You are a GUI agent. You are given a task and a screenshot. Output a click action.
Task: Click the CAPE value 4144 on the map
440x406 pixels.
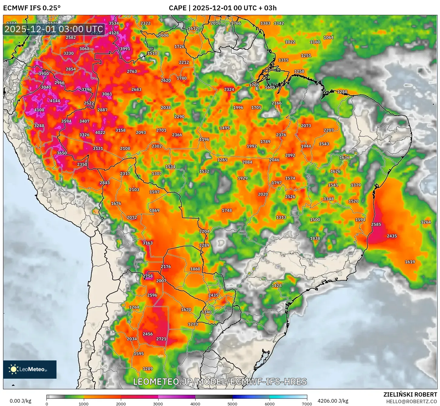pyautogui.click(x=55, y=101)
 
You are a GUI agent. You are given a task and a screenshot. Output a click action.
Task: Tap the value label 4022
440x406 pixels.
pyautogui.click(x=100, y=133)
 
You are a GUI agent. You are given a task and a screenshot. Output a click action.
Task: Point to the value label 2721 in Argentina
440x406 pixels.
pyautogui.click(x=161, y=339)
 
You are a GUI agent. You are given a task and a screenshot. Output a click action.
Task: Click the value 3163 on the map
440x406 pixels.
pyautogui.click(x=148, y=243)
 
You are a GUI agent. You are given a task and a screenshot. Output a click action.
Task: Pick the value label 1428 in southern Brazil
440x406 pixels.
pyautogui.click(x=277, y=285)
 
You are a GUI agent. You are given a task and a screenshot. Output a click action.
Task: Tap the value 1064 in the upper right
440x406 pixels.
pyautogui.click(x=329, y=38)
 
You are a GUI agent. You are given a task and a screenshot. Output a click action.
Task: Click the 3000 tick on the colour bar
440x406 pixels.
pyautogui.click(x=158, y=404)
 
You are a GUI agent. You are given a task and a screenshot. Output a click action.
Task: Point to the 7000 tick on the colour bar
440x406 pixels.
pyautogui.click(x=307, y=404)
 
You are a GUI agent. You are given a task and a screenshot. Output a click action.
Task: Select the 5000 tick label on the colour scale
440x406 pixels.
pyautogui.click(x=232, y=404)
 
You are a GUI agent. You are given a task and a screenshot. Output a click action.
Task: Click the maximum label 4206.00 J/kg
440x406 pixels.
pyautogui.click(x=333, y=401)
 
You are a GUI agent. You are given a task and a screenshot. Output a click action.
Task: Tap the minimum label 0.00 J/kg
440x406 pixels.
pyautogui.click(x=20, y=401)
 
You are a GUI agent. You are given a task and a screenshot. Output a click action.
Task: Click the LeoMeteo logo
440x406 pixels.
pyautogui.click(x=30, y=369)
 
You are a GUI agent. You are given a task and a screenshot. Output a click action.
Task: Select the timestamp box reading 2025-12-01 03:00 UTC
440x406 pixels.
pyautogui.click(x=54, y=29)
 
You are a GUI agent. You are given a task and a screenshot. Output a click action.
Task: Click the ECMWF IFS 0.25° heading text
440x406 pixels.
pyautogui.click(x=32, y=8)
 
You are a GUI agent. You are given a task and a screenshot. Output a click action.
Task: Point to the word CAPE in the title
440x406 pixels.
pyautogui.click(x=177, y=8)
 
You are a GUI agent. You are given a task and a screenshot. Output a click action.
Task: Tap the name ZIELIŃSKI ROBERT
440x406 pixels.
pyautogui.click(x=410, y=394)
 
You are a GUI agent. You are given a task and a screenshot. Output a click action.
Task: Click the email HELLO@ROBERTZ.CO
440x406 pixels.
pyautogui.click(x=411, y=401)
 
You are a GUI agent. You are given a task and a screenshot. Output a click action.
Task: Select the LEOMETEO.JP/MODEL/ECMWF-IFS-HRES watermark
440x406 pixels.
pyautogui.click(x=220, y=381)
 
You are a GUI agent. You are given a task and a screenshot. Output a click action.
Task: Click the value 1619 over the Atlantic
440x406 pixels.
pyautogui.click(x=410, y=262)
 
